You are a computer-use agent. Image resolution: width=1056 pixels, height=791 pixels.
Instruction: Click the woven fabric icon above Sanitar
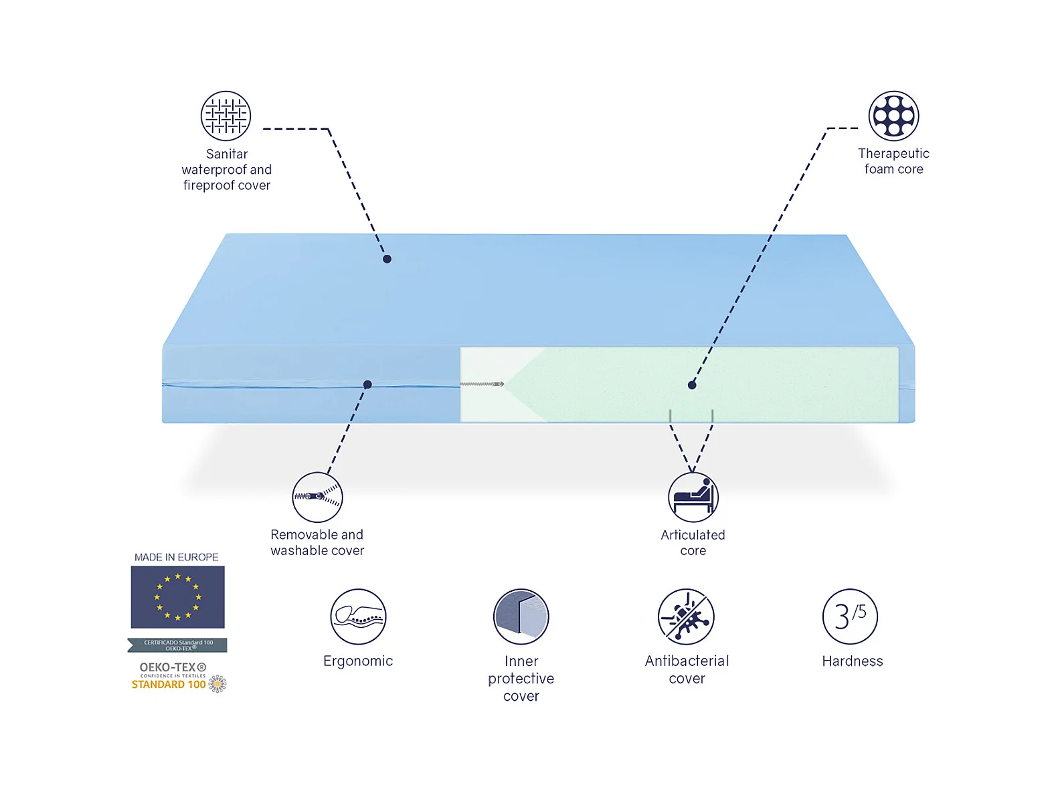[x=226, y=116]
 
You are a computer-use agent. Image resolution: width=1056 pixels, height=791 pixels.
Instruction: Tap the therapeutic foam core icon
[x=893, y=116]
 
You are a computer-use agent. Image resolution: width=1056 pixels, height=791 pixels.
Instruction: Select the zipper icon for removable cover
[x=318, y=497]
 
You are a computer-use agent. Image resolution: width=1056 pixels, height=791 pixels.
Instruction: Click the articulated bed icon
[x=693, y=497]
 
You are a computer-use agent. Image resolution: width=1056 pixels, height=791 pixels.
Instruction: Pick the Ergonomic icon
[x=358, y=616]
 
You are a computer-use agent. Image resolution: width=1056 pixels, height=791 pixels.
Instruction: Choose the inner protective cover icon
[x=521, y=616]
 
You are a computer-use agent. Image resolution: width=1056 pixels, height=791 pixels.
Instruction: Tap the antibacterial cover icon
[x=686, y=616]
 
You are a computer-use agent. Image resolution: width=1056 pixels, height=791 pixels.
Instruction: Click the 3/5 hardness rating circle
[x=850, y=616]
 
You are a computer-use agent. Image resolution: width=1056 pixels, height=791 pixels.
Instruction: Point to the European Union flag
[x=177, y=597]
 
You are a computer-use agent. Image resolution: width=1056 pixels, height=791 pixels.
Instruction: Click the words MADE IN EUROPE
[x=176, y=557]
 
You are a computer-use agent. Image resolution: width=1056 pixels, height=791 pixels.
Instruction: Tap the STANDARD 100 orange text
[x=169, y=685]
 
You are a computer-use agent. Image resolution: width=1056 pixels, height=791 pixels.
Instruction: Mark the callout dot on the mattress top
[x=387, y=259]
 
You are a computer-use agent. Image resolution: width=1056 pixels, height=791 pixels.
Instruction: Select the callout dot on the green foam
[x=692, y=384]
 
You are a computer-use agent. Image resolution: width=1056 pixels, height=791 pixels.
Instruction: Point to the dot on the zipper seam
[x=367, y=384]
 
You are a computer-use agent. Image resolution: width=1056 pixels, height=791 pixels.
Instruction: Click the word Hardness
[x=852, y=661]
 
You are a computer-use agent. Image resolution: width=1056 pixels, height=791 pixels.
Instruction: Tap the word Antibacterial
[x=687, y=661]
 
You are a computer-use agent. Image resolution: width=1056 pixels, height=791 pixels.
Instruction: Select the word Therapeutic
[x=893, y=154]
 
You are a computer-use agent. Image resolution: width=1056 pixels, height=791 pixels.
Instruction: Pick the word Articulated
[x=693, y=535]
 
